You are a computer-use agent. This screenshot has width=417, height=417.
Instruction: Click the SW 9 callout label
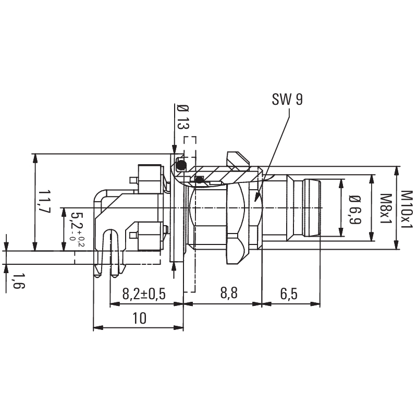(x=287, y=100)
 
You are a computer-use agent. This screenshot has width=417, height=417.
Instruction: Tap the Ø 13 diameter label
(x=183, y=117)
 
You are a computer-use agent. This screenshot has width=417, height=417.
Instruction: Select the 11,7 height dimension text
(x=44, y=201)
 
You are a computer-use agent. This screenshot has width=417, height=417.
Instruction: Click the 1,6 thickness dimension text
(x=18, y=281)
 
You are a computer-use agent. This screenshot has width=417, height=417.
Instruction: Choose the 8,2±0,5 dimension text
(x=144, y=294)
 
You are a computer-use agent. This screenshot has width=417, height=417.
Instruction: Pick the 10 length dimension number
(x=139, y=318)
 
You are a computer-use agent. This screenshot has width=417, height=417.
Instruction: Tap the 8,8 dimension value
(x=229, y=293)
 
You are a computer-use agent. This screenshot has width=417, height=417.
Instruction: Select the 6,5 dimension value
(x=289, y=294)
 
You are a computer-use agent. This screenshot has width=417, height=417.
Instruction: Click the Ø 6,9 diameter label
(x=355, y=210)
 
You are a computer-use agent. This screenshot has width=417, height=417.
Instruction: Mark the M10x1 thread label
(x=407, y=209)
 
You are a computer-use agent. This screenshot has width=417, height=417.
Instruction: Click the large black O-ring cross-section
(x=181, y=165)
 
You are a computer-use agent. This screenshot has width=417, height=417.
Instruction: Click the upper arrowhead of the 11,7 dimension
(x=34, y=158)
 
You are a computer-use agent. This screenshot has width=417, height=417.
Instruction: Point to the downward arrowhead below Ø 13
(x=174, y=149)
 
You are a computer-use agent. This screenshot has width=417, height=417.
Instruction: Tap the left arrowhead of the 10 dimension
(x=98, y=328)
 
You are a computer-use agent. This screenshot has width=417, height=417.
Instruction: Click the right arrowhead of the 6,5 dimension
(x=315, y=304)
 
